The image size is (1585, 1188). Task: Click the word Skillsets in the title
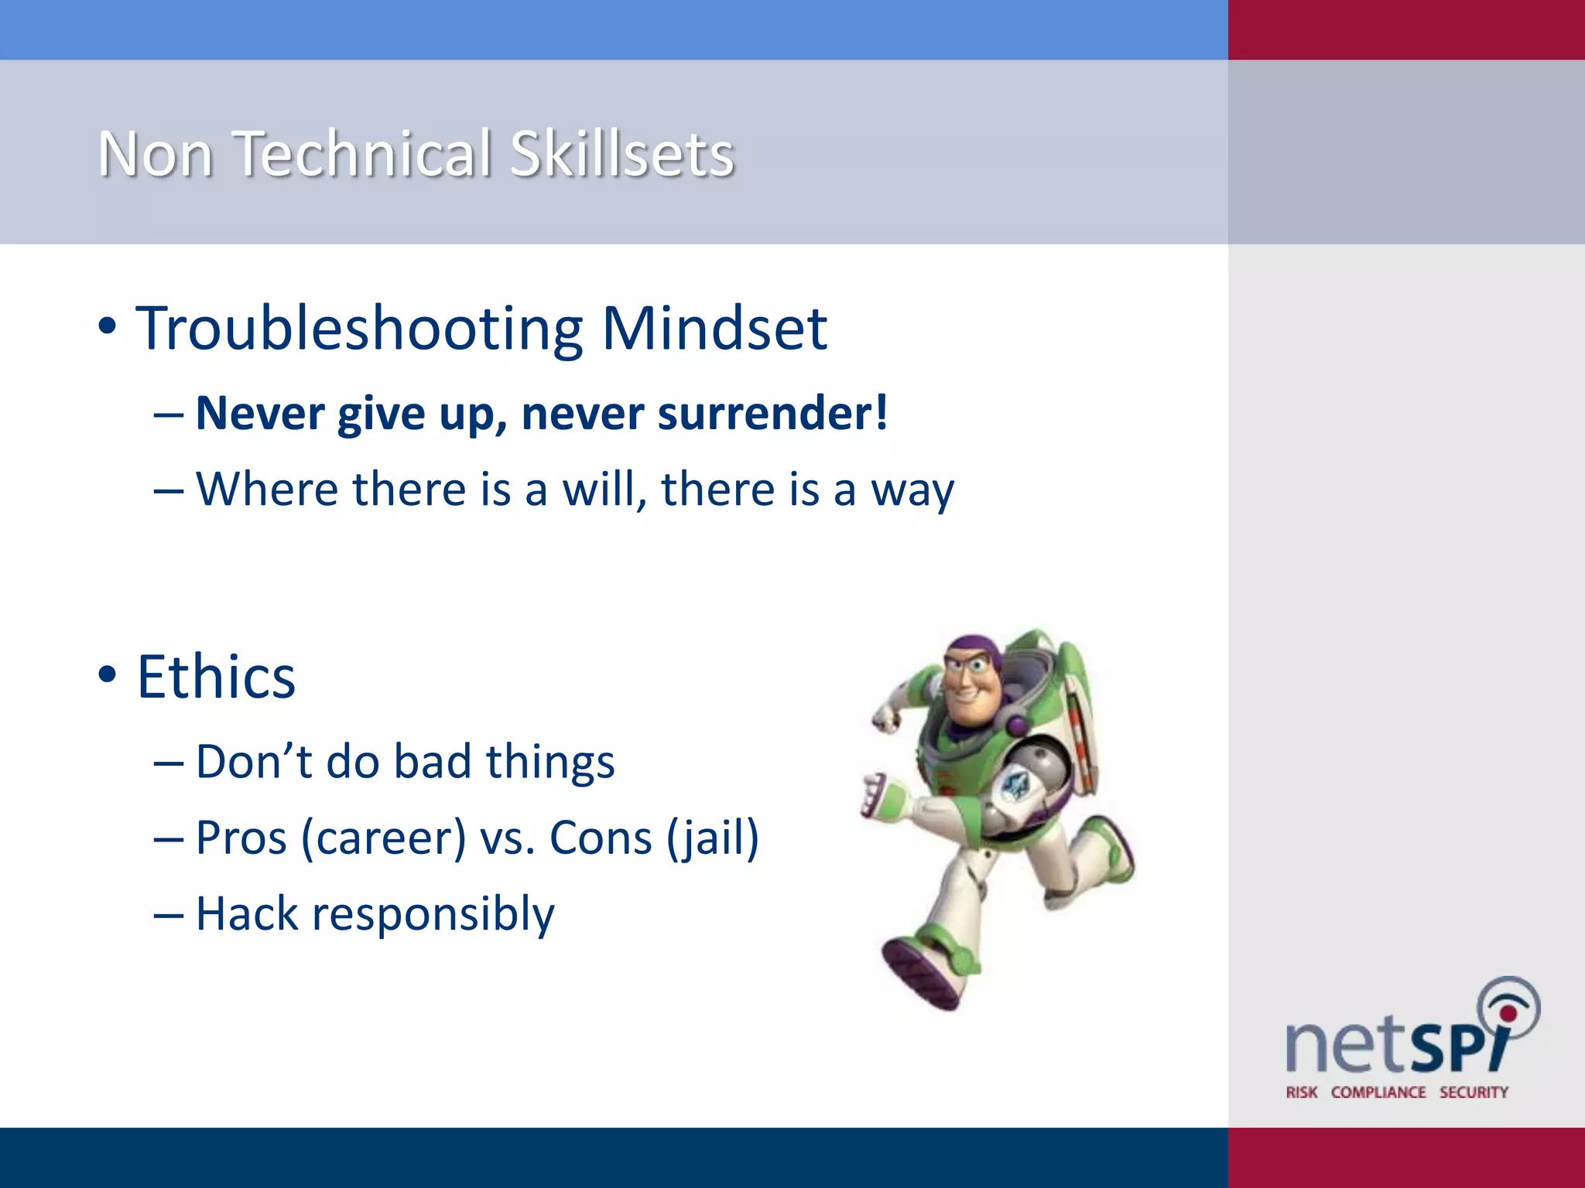(x=621, y=153)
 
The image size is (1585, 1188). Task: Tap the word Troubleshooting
(x=360, y=329)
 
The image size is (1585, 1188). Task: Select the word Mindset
(x=714, y=328)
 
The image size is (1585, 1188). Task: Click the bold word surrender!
(x=773, y=414)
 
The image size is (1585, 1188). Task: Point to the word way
(x=912, y=491)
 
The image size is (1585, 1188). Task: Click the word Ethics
(x=216, y=677)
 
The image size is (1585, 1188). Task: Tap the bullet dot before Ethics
(x=108, y=674)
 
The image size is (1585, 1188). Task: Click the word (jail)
(x=712, y=838)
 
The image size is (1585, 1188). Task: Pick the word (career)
(x=383, y=838)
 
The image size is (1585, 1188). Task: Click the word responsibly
(x=433, y=915)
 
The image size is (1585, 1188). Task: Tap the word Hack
(x=247, y=913)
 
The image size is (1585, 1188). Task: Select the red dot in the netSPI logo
(x=1508, y=1013)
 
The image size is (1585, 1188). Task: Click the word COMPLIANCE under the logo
(x=1378, y=1092)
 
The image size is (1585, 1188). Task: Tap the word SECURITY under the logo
(x=1474, y=1092)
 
